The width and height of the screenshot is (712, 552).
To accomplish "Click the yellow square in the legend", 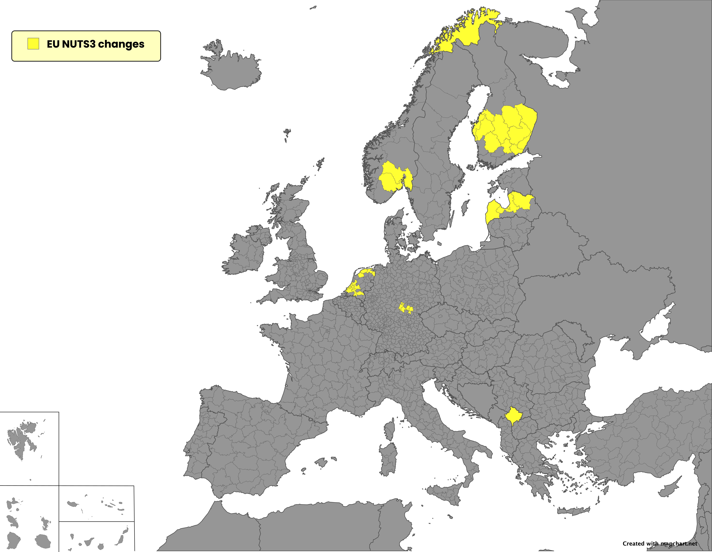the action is click(x=33, y=44).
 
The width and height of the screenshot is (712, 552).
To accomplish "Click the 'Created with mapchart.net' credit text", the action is click(x=660, y=544).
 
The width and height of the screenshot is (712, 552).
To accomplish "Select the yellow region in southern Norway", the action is click(x=391, y=178).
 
